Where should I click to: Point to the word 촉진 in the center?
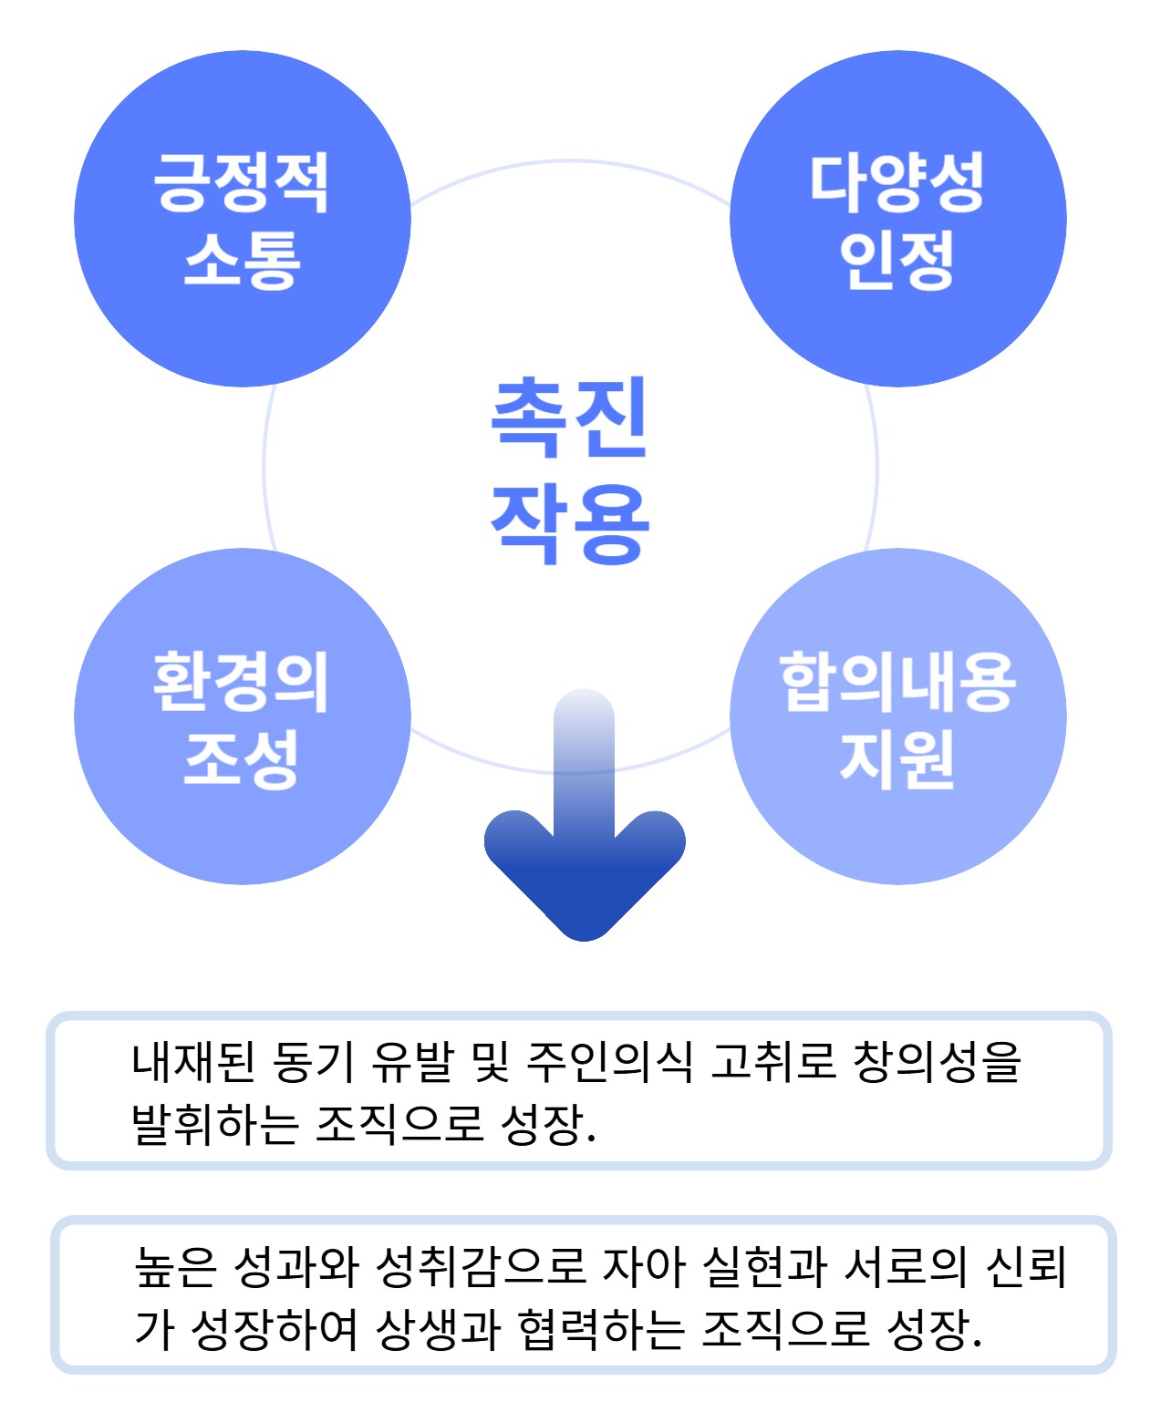pos(569,417)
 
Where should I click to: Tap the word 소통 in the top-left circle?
pos(242,260)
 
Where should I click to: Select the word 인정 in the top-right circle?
pos(897,260)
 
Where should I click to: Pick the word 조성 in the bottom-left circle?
pos(242,758)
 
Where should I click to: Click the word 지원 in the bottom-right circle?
pos(897,758)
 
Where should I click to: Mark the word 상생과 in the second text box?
pos(438,1329)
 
